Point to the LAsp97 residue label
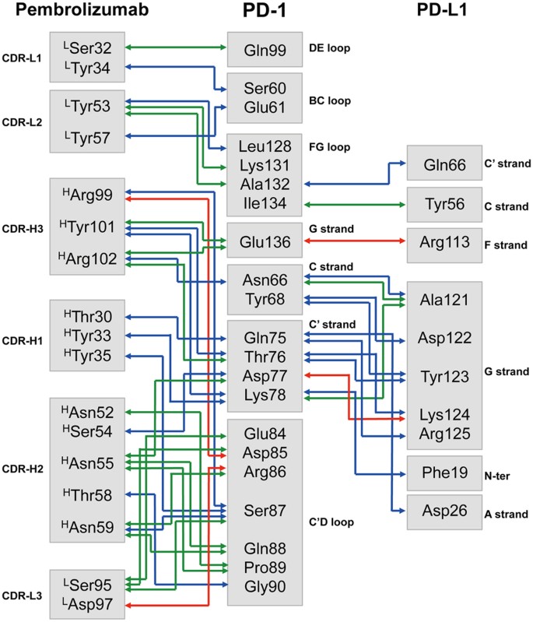click(86, 604)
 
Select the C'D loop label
click(332, 522)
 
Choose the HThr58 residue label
click(86, 495)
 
